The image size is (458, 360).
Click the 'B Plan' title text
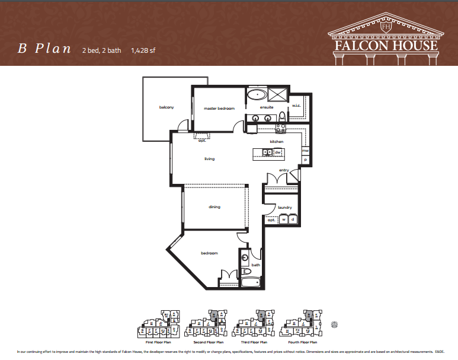click(x=44, y=49)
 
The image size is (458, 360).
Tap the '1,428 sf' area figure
click(x=143, y=50)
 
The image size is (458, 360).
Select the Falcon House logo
click(x=385, y=39)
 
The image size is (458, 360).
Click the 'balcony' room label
click(x=166, y=107)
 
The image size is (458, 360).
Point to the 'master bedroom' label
click(x=219, y=109)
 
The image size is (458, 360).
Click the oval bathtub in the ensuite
click(x=257, y=94)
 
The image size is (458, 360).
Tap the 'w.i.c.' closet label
click(x=296, y=106)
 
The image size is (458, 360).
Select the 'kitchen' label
click(x=277, y=142)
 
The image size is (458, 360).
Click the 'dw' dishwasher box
click(x=277, y=152)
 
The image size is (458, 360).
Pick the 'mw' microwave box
click(x=306, y=151)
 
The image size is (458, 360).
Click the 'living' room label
click(x=209, y=159)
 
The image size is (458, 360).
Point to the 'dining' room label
click(x=214, y=207)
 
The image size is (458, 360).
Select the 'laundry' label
click(x=285, y=207)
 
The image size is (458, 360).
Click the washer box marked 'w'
click(x=283, y=219)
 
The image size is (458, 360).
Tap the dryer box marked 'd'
click(x=292, y=219)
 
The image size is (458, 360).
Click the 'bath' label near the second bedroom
click(x=256, y=265)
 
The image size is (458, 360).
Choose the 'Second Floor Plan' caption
click(x=209, y=342)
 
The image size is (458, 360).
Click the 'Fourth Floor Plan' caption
click(x=302, y=342)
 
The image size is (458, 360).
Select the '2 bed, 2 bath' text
click(x=101, y=50)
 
